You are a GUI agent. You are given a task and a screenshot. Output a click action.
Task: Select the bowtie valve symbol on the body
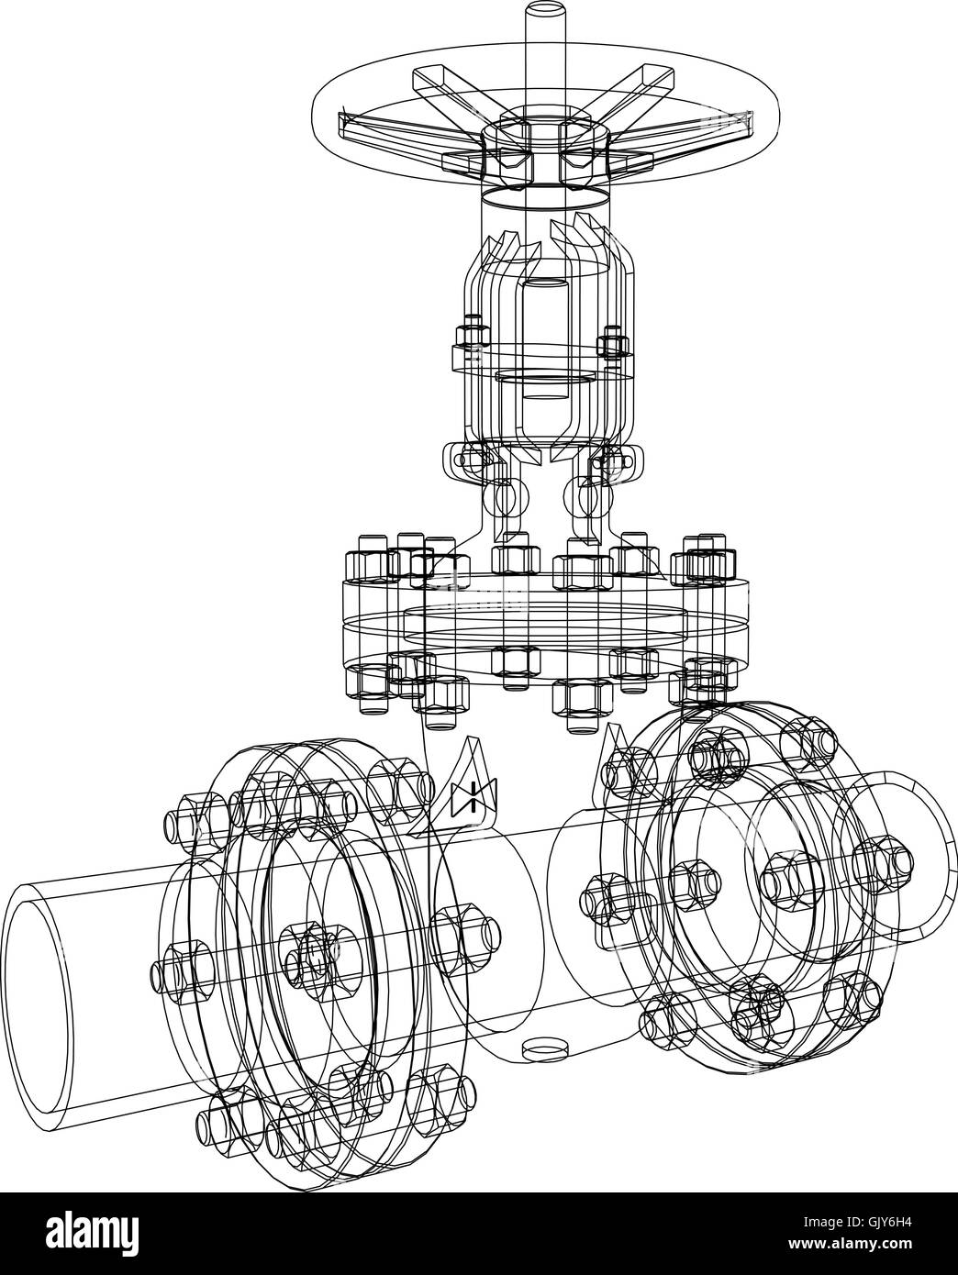pyautogui.click(x=469, y=797)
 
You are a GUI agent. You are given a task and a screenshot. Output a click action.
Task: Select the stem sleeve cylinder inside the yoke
pyautogui.click(x=545, y=339)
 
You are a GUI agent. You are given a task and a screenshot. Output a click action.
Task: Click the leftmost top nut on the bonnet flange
pyautogui.click(x=364, y=567)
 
